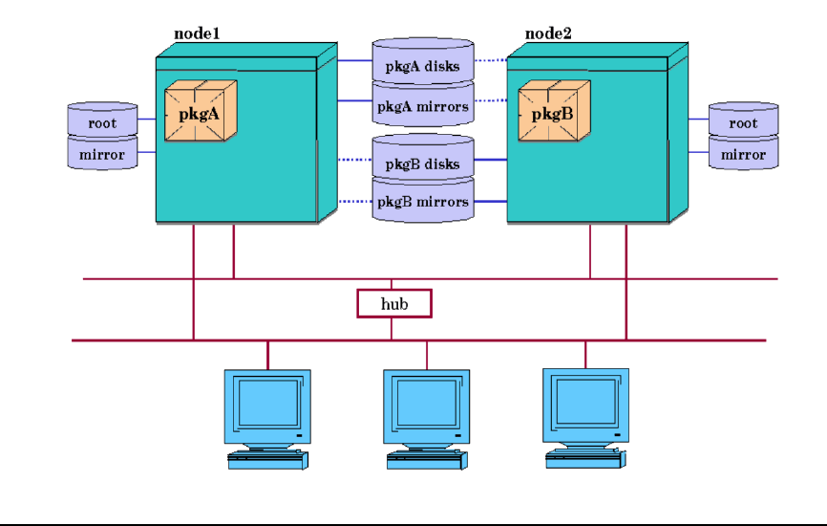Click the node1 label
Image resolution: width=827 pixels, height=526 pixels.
(x=197, y=33)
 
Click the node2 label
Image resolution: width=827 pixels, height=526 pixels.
(x=548, y=33)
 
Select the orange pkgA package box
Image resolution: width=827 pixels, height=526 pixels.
(x=200, y=112)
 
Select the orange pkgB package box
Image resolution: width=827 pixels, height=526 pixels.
(x=553, y=112)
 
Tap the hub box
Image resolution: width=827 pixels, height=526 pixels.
(x=394, y=303)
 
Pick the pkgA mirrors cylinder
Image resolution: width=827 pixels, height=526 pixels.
(x=422, y=105)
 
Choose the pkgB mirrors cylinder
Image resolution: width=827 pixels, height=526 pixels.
(x=422, y=202)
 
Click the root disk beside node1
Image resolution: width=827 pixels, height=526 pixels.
(x=102, y=121)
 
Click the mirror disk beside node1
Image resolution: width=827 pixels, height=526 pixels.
(x=102, y=154)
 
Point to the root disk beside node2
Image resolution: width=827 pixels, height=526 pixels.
(x=743, y=121)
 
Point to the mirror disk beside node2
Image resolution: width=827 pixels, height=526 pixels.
(x=743, y=154)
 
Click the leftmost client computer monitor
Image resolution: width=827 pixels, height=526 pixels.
(x=266, y=403)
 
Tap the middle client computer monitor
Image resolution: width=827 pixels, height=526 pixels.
(x=426, y=403)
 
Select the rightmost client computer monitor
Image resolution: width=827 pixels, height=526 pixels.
(x=584, y=403)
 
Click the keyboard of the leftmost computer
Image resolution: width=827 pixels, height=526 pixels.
(x=269, y=460)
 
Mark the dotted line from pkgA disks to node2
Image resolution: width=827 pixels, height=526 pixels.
(x=490, y=60)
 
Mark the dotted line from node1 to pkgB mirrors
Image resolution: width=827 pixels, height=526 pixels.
(x=355, y=201)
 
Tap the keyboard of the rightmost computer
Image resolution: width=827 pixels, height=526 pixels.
(x=587, y=460)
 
